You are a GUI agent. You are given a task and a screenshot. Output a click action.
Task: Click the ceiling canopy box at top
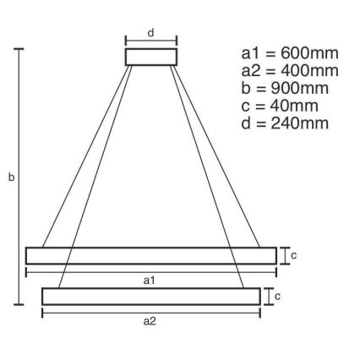pyautogui.click(x=151, y=57)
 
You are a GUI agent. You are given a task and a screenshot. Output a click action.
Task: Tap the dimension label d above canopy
pyautogui.click(x=150, y=33)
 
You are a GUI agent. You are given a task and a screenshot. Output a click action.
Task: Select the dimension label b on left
pyautogui.click(x=11, y=178)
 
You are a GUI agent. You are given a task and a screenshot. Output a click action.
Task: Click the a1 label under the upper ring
pyautogui.click(x=151, y=279)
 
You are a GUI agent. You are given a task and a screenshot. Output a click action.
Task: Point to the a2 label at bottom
pyautogui.click(x=151, y=320)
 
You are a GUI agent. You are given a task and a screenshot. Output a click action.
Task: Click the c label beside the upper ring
pyautogui.click(x=293, y=254)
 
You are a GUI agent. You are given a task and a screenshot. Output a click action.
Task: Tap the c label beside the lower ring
pyautogui.click(x=278, y=296)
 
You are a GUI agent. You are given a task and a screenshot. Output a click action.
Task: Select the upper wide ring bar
pyautogui.click(x=151, y=255)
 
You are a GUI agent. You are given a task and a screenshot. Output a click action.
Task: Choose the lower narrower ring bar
pyautogui.click(x=151, y=296)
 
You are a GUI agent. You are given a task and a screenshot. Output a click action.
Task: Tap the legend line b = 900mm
pyautogui.click(x=283, y=89)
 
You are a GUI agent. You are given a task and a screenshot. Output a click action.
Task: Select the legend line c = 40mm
pyautogui.click(x=279, y=106)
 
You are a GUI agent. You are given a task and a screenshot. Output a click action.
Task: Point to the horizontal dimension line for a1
pyautogui.click(x=85, y=271)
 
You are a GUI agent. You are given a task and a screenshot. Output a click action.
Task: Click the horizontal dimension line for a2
pyautogui.click(x=93, y=313)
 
